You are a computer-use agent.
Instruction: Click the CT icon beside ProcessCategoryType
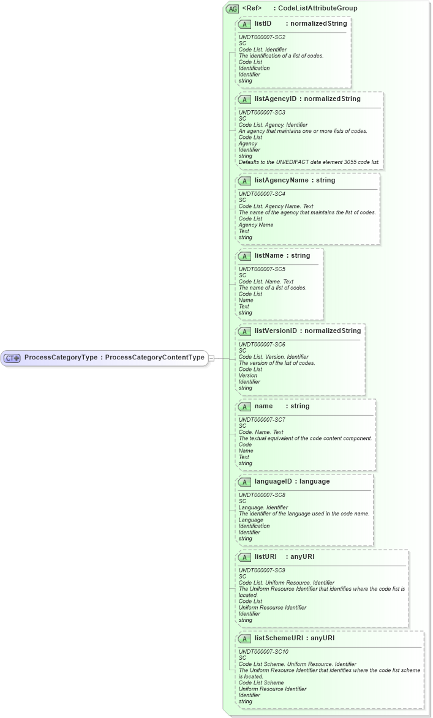pos(12,358)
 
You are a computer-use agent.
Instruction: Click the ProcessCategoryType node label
pos(114,357)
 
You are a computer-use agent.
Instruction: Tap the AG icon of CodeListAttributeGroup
pos(232,9)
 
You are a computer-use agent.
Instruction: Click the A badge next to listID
pos(244,24)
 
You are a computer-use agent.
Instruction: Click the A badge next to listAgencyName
pos(244,181)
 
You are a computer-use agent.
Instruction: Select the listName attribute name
pos(269,255)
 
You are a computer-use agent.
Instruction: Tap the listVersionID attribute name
pos(276,331)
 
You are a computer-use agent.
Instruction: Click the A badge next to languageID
pos(244,482)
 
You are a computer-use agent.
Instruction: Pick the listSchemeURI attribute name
pos(279,638)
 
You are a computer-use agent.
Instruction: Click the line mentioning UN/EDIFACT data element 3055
pos(309,162)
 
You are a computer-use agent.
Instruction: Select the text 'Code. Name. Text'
pos(258,432)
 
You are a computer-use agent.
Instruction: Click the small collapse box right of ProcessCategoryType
pos(211,358)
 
